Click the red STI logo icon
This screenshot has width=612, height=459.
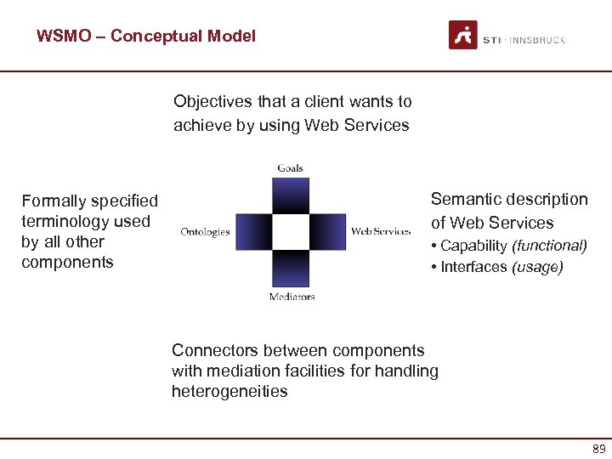tap(463, 35)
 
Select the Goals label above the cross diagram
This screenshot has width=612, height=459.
tap(290, 168)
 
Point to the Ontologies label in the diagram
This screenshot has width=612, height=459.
tap(205, 231)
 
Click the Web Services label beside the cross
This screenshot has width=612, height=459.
tap(381, 231)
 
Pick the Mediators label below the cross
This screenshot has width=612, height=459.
tap(292, 297)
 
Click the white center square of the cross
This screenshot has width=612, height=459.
tap(291, 231)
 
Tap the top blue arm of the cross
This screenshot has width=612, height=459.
tap(291, 195)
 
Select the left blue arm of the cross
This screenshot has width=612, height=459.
tap(253, 231)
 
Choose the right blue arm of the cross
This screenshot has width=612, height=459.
tap(327, 231)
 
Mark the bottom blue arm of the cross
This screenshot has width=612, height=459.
tap(291, 268)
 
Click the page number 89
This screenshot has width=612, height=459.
tap(598, 449)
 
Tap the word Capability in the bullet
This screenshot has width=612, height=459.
tap(473, 246)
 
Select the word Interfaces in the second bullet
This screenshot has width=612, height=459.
tap(473, 267)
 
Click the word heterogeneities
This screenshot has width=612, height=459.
tap(229, 391)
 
